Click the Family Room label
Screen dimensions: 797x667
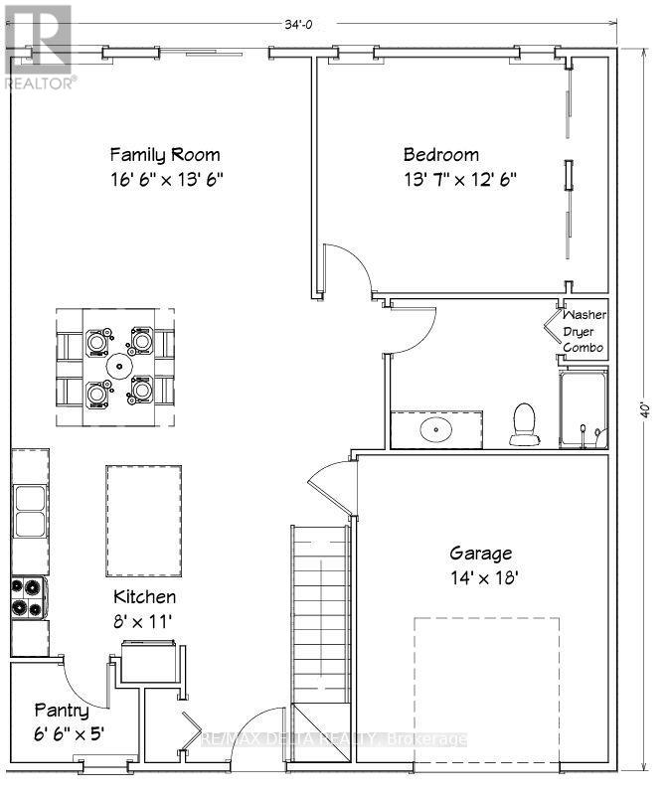tap(165, 155)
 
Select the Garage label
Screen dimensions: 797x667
tap(481, 554)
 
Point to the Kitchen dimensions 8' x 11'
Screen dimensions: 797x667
tap(144, 621)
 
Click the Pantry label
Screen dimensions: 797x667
tap(62, 711)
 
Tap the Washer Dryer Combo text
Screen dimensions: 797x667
tap(584, 331)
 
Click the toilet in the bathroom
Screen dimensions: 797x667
tap(522, 424)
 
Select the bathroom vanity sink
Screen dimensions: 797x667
tap(435, 430)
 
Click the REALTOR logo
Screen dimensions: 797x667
tap(38, 47)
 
